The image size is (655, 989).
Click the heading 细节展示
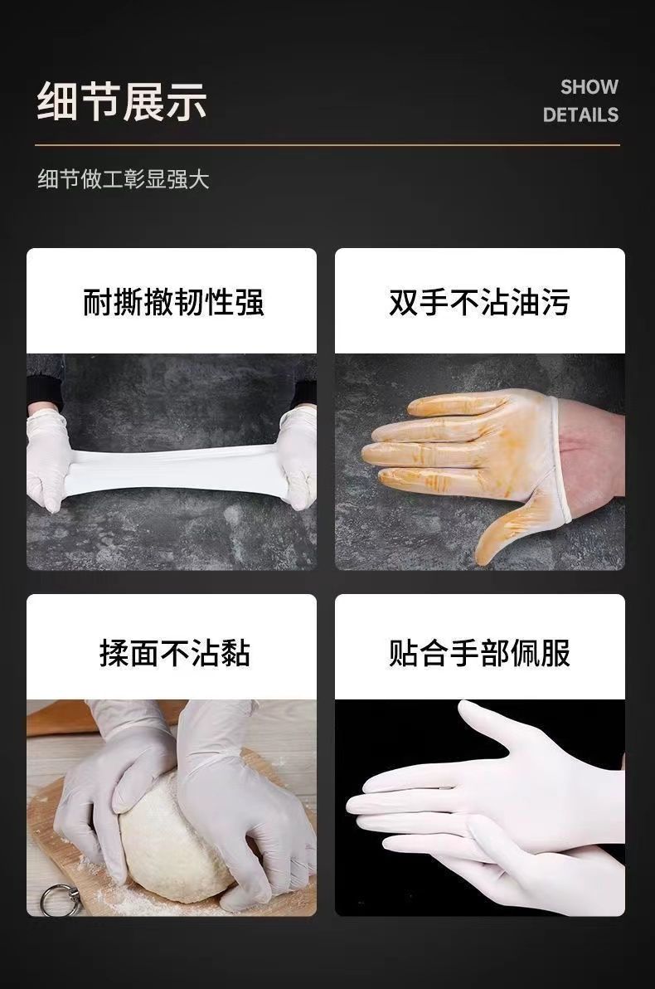click(122, 101)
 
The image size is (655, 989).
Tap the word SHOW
click(589, 87)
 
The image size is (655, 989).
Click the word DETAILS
click(580, 114)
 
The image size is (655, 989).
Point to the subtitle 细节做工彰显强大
click(123, 179)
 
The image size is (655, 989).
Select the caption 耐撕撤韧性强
click(173, 301)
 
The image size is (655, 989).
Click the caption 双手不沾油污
click(479, 301)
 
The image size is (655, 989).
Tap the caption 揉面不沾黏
click(174, 652)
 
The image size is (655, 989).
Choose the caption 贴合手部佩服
click(479, 652)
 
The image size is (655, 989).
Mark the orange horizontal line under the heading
click(327, 145)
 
